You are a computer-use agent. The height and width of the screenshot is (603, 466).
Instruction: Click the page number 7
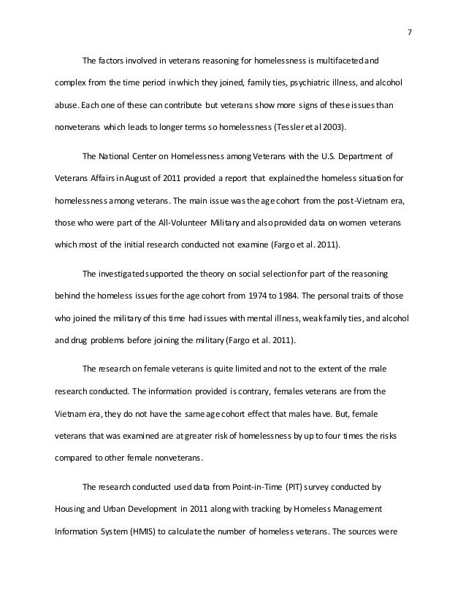pyautogui.click(x=408, y=32)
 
